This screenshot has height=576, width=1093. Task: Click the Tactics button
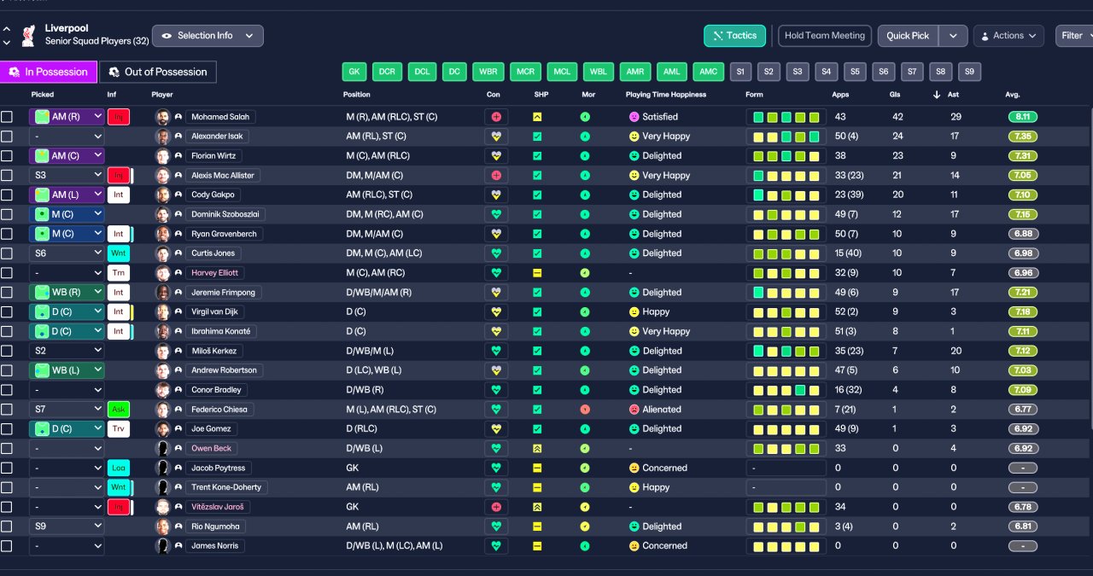[734, 36]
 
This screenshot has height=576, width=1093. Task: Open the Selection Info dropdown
[207, 36]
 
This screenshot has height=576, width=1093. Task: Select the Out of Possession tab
[158, 72]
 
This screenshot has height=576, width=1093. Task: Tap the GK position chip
[354, 72]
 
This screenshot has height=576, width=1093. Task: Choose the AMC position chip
[708, 72]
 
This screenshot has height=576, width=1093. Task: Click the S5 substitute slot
[855, 72]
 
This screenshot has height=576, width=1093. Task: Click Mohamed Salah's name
[220, 117]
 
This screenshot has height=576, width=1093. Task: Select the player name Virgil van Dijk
[214, 311]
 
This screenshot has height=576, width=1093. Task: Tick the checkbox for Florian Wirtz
[7, 156]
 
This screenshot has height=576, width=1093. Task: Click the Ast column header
[953, 95]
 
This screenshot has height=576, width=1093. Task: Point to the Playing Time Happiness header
[665, 95]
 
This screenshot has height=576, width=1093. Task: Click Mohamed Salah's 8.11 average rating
[1023, 117]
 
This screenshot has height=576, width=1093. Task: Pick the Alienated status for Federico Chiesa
[661, 410]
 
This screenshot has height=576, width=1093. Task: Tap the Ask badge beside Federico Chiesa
[119, 410]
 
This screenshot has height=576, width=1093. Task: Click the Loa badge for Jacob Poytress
[119, 468]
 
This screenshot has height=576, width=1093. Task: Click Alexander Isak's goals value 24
[897, 136]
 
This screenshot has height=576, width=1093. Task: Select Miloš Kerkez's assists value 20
[956, 351]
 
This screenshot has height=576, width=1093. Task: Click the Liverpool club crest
[29, 36]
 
